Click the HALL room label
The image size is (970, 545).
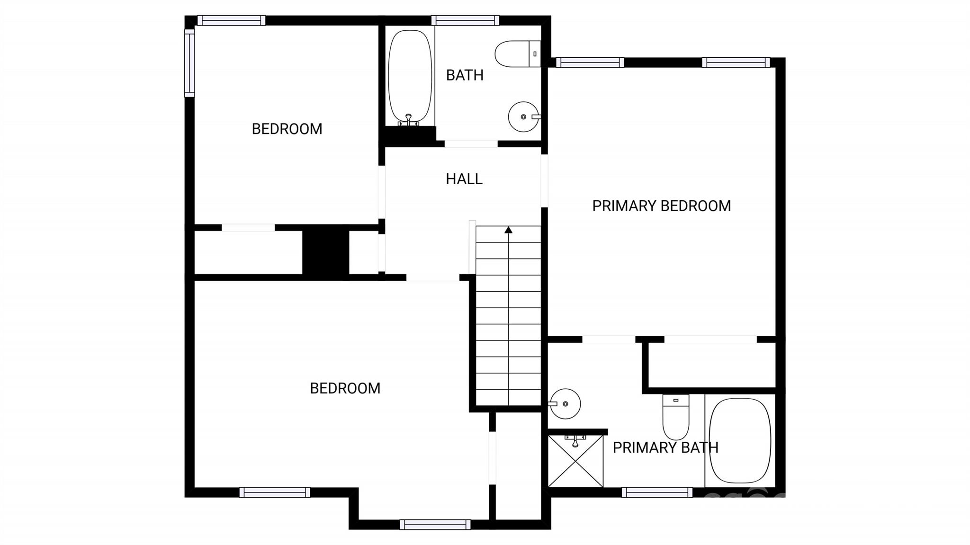[x=464, y=179]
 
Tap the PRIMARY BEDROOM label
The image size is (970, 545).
[x=662, y=206]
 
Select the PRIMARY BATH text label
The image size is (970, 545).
[x=665, y=447]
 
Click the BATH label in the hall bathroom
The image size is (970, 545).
[x=465, y=75]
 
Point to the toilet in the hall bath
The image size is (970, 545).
[x=517, y=54]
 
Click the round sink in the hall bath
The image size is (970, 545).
[x=524, y=116]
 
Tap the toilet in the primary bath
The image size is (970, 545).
[x=676, y=417]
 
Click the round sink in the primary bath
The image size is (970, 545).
[x=565, y=404]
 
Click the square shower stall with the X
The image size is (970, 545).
[x=575, y=461]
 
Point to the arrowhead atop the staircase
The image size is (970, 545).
[x=509, y=230]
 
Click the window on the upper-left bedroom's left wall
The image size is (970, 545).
[x=189, y=63]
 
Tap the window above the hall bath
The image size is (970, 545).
[x=465, y=20]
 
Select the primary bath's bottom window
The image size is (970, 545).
[x=657, y=492]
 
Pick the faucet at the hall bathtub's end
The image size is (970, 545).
[x=409, y=120]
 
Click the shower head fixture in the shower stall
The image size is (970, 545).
[x=575, y=440]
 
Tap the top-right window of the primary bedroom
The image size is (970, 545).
[x=736, y=63]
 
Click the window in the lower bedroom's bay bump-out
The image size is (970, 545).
[x=435, y=525]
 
